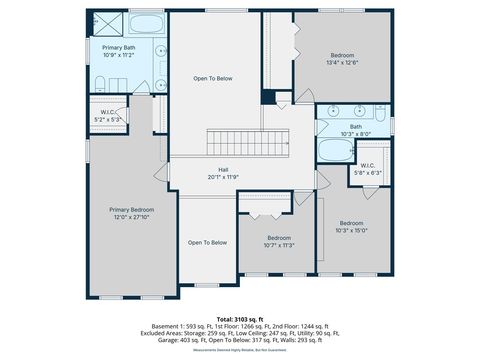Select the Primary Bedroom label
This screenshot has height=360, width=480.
click(x=132, y=210)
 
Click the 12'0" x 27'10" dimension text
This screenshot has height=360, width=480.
click(x=132, y=217)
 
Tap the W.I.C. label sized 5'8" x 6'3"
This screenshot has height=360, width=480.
click(x=368, y=166)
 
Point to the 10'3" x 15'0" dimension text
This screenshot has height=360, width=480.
click(x=351, y=230)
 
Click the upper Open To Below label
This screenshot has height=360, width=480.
click(x=213, y=78)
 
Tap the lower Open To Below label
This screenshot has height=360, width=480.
click(x=207, y=243)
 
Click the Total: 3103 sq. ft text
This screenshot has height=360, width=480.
click(x=240, y=317)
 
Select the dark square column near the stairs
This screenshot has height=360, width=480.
click(x=267, y=97)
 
